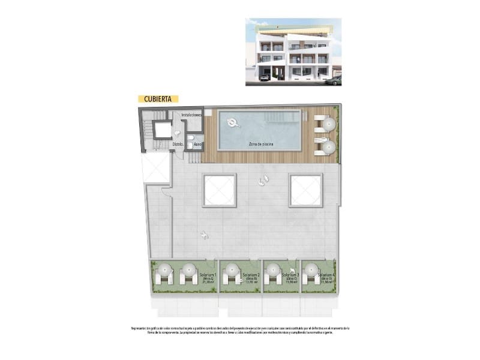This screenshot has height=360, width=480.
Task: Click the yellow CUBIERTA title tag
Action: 158,99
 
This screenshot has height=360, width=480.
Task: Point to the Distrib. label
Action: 178,145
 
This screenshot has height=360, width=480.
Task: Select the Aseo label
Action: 197,145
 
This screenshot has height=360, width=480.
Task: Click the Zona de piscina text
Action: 260,144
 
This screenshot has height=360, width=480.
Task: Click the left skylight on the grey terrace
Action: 220,190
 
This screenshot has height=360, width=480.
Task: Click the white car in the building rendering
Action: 265,77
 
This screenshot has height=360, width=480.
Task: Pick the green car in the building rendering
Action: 334,80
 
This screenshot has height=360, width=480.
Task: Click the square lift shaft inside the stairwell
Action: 161,130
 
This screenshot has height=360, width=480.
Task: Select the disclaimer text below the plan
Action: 240,331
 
